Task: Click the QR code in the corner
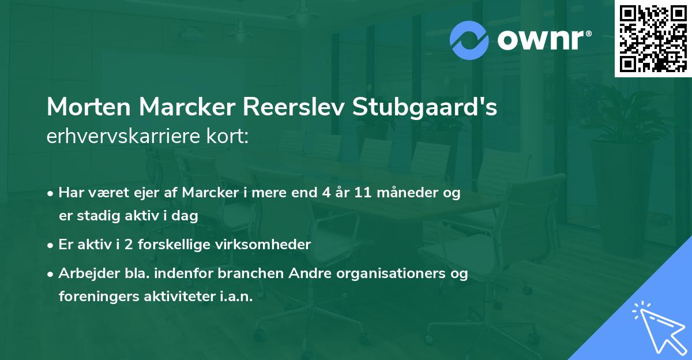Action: pyautogui.click(x=653, y=39)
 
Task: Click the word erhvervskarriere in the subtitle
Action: pyautogui.click(x=127, y=136)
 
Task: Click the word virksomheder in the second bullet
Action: pyautogui.click(x=272, y=245)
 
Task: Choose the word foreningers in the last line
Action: pyautogui.click(x=94, y=297)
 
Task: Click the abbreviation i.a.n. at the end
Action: pyautogui.click(x=235, y=297)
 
